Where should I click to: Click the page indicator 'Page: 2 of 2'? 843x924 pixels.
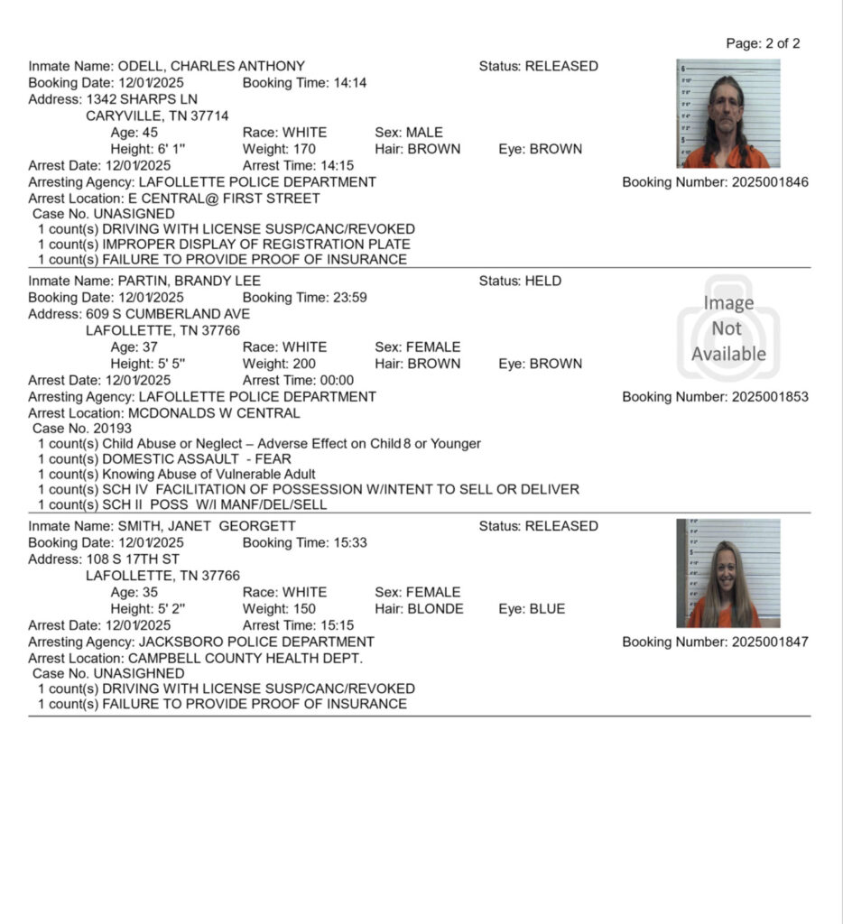point(763,43)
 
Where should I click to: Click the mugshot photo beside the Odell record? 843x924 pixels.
point(727,114)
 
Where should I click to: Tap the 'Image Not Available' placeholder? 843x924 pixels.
point(728,328)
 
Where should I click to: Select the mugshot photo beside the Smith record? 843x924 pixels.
point(727,574)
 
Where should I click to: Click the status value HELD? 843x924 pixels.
point(543,281)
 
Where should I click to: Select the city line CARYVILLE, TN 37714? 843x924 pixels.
point(157,115)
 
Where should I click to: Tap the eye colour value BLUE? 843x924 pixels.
point(548,609)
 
